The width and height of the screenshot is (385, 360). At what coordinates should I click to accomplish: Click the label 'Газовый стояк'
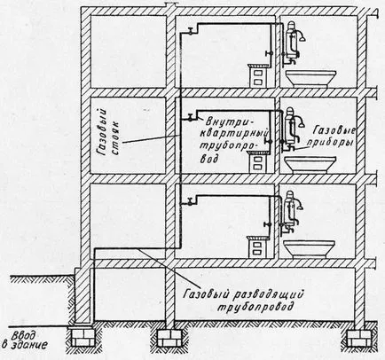click(108, 131)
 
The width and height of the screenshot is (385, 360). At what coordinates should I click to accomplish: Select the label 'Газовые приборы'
click(334, 136)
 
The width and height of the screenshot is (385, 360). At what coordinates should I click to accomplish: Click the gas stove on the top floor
click(259, 75)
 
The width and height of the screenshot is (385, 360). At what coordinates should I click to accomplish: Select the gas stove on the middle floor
click(258, 161)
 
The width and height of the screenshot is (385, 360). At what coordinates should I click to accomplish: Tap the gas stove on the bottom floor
click(257, 247)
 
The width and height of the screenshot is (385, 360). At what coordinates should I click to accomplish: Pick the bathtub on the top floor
click(310, 78)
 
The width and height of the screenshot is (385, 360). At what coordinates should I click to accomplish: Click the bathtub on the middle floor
click(310, 164)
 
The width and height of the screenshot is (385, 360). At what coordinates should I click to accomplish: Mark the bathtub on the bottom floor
click(309, 249)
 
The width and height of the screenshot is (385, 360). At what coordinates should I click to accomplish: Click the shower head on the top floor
click(302, 38)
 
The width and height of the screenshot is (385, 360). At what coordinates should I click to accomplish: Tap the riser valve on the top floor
click(191, 31)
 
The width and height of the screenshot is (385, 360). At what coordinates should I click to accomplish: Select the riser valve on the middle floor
click(191, 117)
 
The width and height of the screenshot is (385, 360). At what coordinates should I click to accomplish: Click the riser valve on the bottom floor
click(191, 202)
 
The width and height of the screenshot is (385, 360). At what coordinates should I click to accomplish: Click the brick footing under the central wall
click(169, 337)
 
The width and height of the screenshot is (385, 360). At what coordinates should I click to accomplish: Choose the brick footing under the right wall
click(358, 337)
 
